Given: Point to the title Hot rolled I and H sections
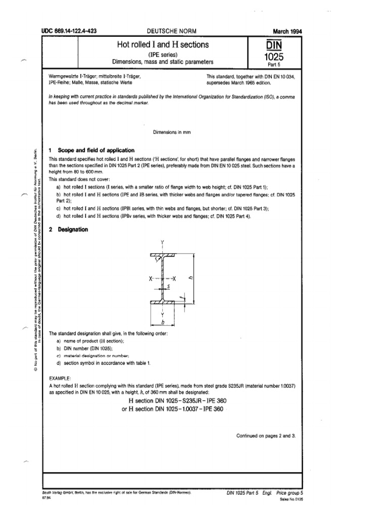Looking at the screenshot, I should (x=163, y=45).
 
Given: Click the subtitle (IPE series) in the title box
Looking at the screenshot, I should (x=162, y=55).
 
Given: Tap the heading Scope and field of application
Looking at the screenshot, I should (x=96, y=150).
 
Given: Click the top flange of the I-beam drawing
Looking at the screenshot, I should (x=163, y=254).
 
